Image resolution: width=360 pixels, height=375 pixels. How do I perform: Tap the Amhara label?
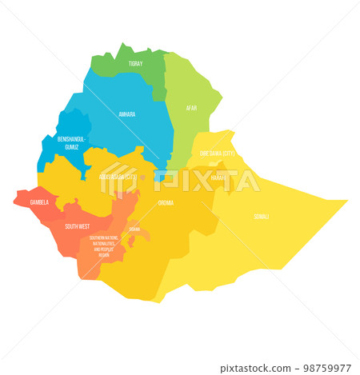[126, 114]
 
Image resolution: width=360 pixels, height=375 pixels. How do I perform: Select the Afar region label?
[191, 107]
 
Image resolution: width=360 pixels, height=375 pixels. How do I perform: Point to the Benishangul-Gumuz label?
[70, 142]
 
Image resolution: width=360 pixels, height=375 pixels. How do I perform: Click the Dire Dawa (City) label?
[216, 152]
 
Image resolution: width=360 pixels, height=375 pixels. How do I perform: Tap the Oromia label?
[166, 203]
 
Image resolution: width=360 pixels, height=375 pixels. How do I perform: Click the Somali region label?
[262, 216]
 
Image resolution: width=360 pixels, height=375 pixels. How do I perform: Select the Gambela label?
[39, 203]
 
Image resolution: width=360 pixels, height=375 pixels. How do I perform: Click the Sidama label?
[134, 229]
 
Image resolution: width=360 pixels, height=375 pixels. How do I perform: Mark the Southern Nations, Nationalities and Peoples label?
[104, 245]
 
